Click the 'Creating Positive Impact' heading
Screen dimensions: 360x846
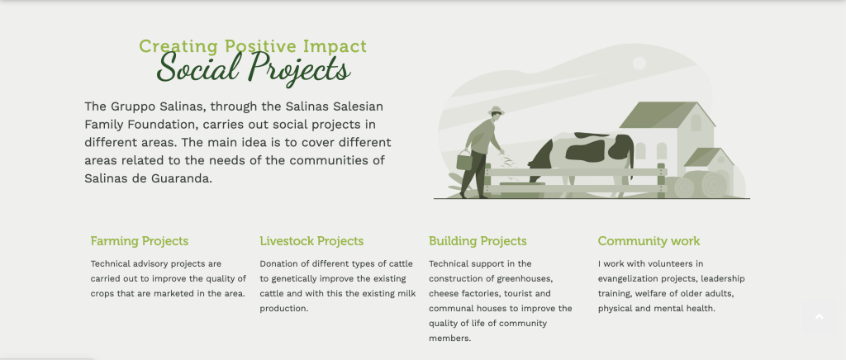[x=252, y=47]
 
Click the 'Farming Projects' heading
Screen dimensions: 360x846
[x=140, y=241]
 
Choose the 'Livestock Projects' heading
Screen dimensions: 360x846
[x=311, y=241]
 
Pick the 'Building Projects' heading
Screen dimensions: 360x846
[x=478, y=241]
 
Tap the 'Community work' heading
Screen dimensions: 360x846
[x=649, y=241]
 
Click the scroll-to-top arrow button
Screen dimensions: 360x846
[x=819, y=317]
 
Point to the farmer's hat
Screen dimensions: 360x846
[x=496, y=111]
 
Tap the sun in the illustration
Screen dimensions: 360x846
[x=639, y=63]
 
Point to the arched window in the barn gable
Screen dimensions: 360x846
[x=696, y=122]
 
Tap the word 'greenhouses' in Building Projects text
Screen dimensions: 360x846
[x=529, y=278]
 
